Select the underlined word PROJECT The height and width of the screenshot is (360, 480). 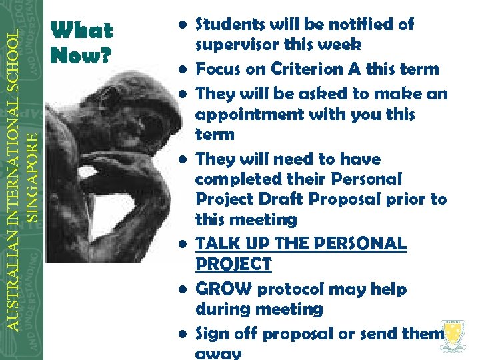pyautogui.click(x=233, y=265)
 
